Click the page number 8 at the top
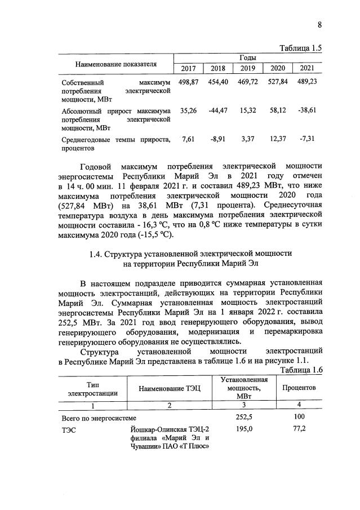(x=319, y=24)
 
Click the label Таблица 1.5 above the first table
(x=300, y=48)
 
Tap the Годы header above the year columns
(x=247, y=58)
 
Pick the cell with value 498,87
(x=188, y=82)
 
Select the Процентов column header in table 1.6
(x=299, y=389)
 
